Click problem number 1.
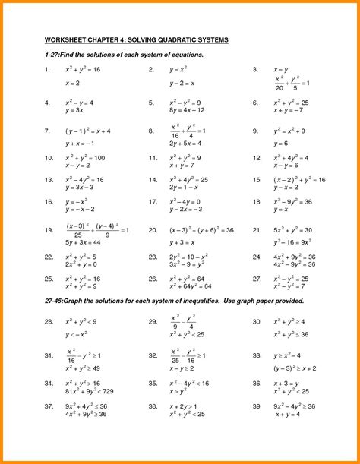click(x=47, y=70)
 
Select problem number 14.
click(x=153, y=180)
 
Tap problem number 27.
click(x=258, y=279)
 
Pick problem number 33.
click(x=258, y=355)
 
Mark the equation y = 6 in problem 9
click(x=281, y=143)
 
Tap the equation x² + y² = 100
click(x=84, y=158)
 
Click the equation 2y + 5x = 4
click(x=185, y=143)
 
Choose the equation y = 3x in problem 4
click(x=74, y=111)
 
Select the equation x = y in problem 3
click(x=281, y=70)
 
